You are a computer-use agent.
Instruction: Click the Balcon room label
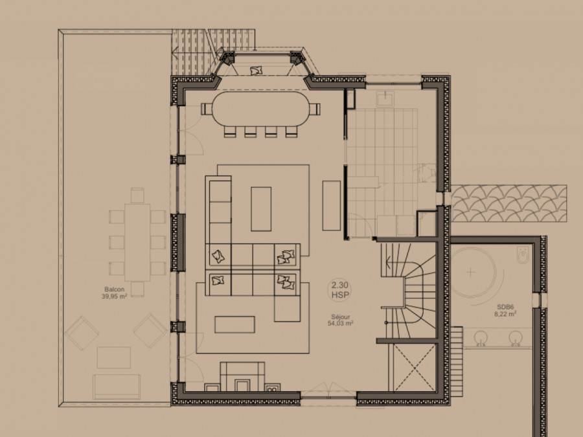click(114, 289)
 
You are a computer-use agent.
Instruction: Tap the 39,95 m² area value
click(114, 296)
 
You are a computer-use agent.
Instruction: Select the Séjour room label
click(340, 317)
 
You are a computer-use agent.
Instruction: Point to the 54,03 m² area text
click(340, 324)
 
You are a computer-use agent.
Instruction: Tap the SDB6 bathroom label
click(505, 307)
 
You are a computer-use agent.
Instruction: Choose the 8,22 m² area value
click(505, 314)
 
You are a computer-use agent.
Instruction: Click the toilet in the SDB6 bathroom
click(522, 255)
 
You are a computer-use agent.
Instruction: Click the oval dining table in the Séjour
click(261, 109)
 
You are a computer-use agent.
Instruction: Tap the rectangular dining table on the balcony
click(137, 242)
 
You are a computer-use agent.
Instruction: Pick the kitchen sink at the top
click(386, 99)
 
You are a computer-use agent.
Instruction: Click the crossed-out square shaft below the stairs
click(414, 368)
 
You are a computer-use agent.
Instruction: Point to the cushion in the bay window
click(256, 70)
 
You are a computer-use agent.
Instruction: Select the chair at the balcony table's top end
click(137, 196)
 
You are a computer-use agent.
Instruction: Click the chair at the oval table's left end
click(207, 109)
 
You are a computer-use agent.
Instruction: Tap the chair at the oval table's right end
click(315, 109)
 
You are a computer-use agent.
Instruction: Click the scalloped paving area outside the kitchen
click(509, 203)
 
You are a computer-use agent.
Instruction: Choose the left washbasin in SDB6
click(481, 338)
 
